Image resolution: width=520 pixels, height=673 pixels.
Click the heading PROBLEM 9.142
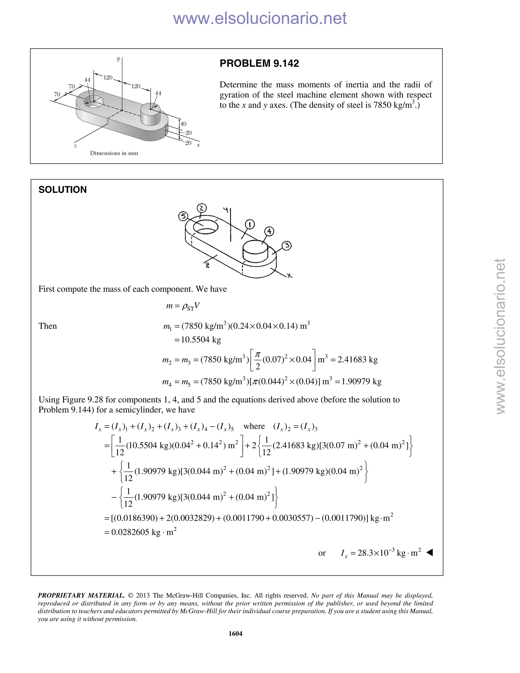click(259, 63)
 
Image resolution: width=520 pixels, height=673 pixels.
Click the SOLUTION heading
click(62, 189)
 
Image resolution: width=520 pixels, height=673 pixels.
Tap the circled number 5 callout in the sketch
click(183, 216)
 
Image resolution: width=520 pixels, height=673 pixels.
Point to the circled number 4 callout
click(269, 231)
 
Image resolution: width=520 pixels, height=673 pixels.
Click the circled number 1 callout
click(250, 224)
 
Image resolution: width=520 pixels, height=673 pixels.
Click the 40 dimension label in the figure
click(183, 124)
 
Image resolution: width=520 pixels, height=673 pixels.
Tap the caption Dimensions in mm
click(114, 153)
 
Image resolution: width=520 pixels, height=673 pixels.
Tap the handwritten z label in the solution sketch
click(207, 265)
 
